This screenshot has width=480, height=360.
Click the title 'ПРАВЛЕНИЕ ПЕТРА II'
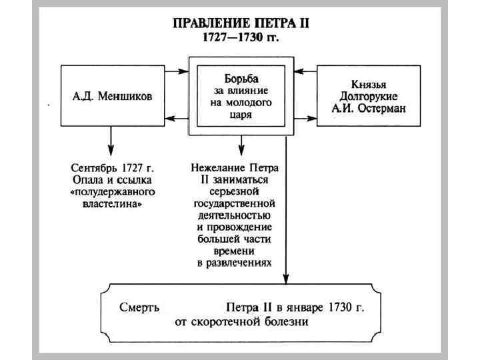241,23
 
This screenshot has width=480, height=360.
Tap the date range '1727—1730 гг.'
241,37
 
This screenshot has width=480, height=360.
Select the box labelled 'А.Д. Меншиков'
112,95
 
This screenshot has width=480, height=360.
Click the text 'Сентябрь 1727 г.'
111,167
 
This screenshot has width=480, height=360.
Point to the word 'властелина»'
111,205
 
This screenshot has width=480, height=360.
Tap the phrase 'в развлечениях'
235,263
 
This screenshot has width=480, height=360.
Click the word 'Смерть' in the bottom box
139,309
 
